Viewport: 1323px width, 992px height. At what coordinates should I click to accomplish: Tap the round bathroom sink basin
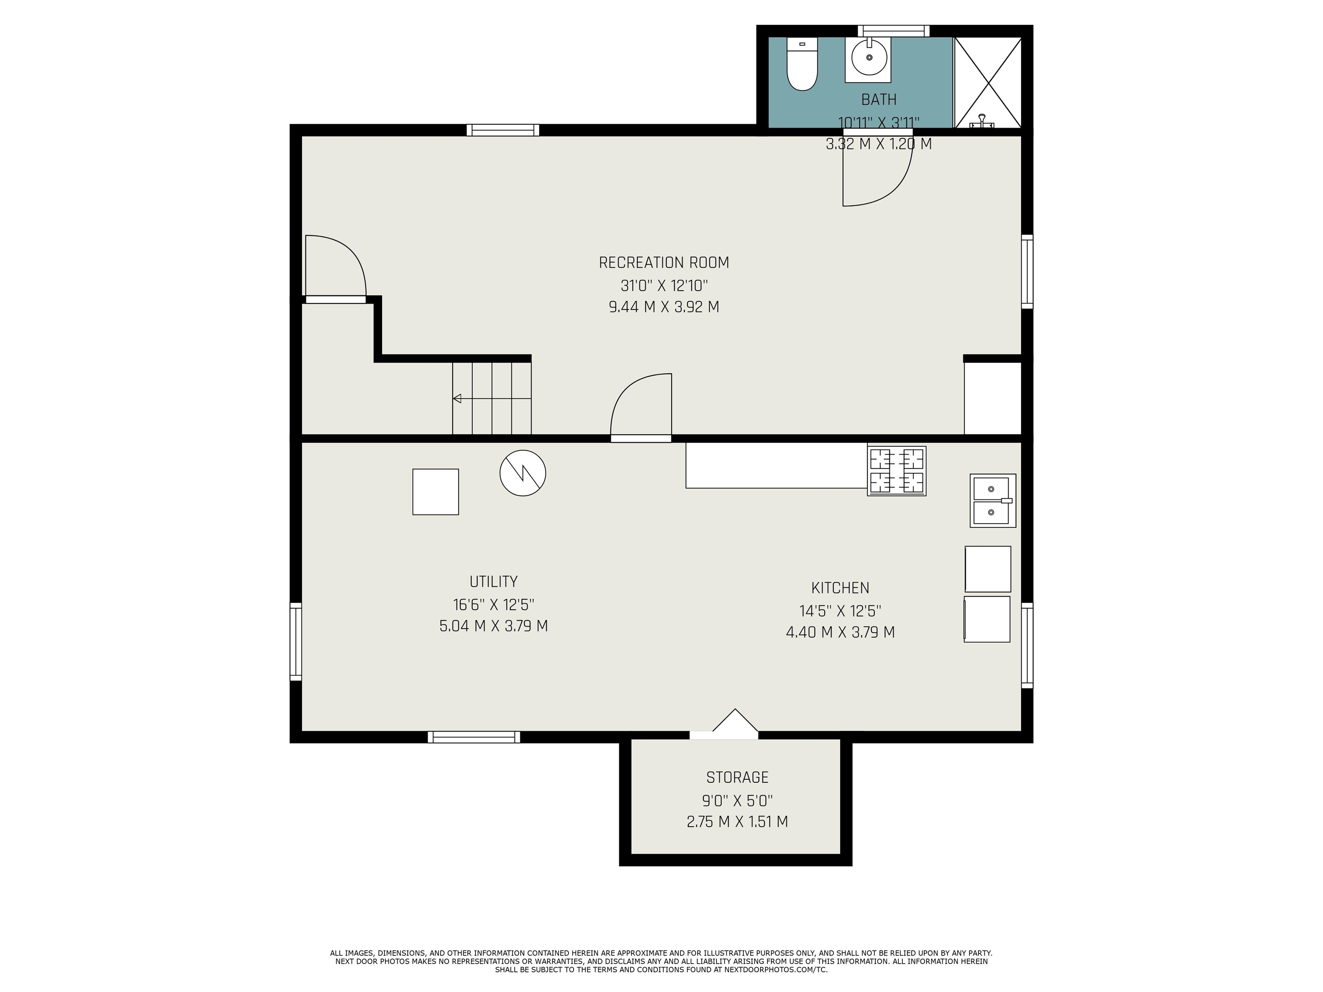pos(869,57)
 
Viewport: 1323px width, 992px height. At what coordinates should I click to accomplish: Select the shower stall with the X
pos(988,83)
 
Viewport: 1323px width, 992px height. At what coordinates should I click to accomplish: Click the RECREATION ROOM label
pos(664,263)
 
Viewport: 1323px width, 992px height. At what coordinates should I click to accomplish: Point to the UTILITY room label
pos(494,581)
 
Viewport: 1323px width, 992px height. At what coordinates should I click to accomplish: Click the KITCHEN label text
pos(840,588)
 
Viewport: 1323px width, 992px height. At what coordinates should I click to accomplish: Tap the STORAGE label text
pos(737,777)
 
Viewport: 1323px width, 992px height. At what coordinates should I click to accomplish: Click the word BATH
pos(879,99)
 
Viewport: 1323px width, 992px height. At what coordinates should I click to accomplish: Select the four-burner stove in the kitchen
pos(897,471)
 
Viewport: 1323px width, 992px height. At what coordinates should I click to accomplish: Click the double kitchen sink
pos(993,500)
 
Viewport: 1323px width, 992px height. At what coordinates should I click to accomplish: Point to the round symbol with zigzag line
pos(523,473)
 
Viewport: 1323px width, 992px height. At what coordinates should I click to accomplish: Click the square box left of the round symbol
pos(435,492)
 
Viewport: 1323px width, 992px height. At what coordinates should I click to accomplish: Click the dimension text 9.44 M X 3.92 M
pos(664,307)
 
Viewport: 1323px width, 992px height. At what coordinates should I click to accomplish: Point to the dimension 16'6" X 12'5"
pos(494,604)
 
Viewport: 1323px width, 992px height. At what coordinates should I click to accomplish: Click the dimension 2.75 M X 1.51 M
pos(737,821)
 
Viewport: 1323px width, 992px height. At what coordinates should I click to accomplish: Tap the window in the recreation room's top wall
pos(503,130)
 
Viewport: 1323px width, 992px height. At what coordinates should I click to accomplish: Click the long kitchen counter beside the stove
pos(776,465)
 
